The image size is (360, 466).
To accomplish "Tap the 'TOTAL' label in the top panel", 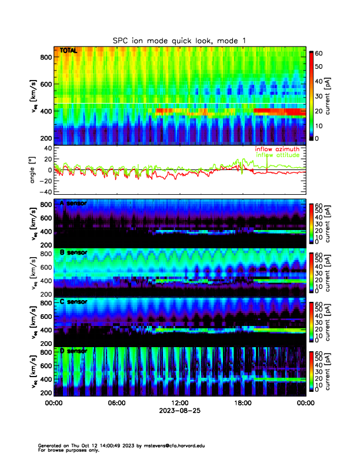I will (68, 51).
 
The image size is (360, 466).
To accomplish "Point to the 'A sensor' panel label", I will (73, 204).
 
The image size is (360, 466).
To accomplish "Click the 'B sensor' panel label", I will (73, 252).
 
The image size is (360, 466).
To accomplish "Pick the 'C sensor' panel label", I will (73, 302).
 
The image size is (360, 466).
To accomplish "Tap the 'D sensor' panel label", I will (73, 351).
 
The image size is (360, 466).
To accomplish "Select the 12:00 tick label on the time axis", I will (179, 403).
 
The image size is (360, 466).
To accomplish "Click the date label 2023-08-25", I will (179, 411).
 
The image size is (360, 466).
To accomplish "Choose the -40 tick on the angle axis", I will (44, 192).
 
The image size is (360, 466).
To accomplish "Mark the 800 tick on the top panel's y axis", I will (45, 57).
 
